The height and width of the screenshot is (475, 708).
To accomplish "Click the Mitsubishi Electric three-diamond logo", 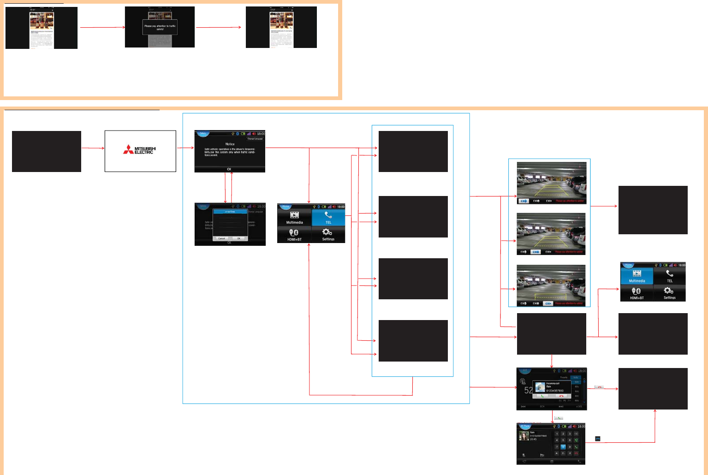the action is (128, 149).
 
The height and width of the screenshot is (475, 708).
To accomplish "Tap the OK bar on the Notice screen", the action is (229, 169).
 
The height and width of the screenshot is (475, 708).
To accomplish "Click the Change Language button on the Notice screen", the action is (255, 139).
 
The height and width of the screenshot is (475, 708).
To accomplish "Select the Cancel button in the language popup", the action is (222, 238).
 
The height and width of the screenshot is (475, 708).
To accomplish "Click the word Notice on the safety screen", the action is (230, 144).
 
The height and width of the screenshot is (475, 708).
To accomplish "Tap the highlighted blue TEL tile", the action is (328, 217).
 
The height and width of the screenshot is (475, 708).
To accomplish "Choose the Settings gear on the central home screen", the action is (328, 234).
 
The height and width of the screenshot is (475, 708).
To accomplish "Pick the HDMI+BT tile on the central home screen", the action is (294, 234).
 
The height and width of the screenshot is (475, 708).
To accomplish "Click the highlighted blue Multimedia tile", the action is (637, 276).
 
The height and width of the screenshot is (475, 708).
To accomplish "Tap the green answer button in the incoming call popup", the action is (542, 396).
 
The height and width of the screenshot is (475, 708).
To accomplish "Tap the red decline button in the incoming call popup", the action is (561, 396).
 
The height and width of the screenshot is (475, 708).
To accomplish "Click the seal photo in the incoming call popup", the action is (540, 387).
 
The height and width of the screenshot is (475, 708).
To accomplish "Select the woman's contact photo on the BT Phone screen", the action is (524, 436).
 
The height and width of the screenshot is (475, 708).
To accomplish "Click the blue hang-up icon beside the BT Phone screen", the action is (598, 439).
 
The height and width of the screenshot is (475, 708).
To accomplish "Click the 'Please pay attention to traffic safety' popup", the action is (160, 27).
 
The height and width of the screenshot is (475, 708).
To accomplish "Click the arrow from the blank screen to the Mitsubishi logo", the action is (93, 148).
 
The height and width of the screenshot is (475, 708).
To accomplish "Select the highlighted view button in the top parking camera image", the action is (524, 201).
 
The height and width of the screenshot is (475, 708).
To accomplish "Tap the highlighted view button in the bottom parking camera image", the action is (548, 303).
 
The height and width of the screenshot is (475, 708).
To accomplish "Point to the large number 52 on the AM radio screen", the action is (529, 390).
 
